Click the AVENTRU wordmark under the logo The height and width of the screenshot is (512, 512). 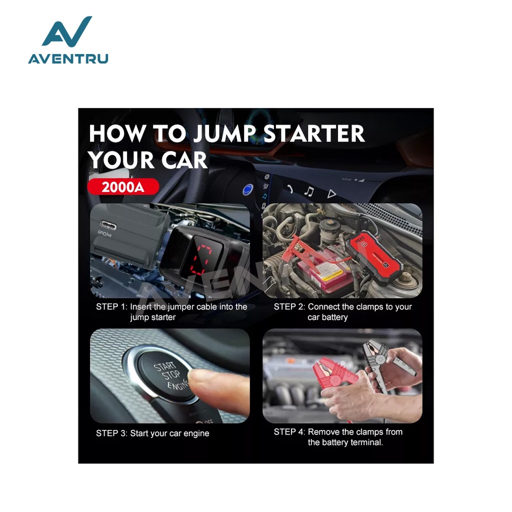coord(68,59)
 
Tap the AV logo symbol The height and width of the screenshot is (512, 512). coord(67,31)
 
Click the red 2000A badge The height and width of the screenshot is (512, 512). coord(123,187)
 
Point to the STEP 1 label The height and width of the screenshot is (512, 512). coord(111,307)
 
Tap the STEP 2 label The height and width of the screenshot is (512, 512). coord(289,307)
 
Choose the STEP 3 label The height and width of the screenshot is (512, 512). coord(111,433)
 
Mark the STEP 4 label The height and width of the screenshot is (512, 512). coord(289,432)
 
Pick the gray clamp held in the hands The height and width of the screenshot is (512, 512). coord(385,362)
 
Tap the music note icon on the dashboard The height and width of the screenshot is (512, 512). coord(309,191)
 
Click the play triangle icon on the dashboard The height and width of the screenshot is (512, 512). coord(331,194)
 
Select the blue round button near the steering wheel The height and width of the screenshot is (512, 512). coord(248,189)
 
